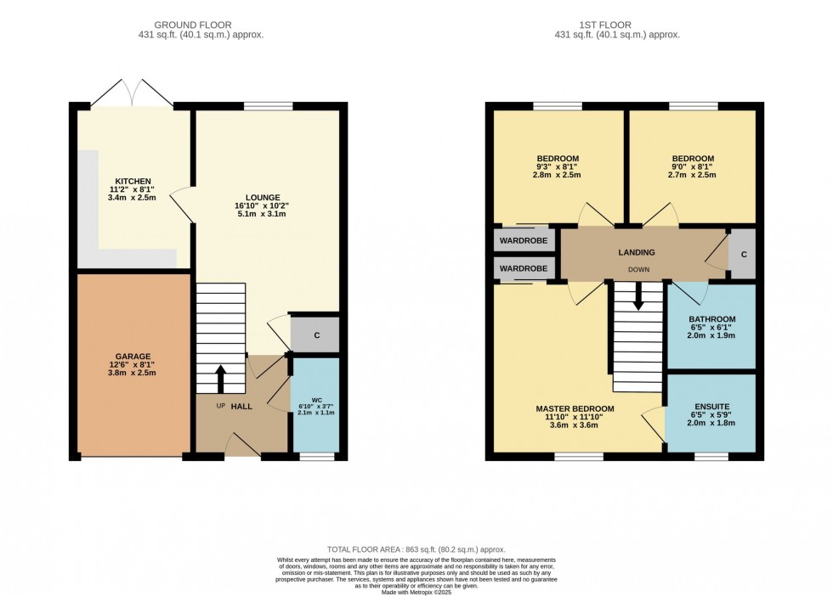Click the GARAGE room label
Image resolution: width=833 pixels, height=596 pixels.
coord(133,357)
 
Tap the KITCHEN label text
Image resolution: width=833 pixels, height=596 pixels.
coord(133,181)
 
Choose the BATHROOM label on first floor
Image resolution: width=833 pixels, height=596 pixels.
coord(711,319)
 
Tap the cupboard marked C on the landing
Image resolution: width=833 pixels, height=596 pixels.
coord(743,254)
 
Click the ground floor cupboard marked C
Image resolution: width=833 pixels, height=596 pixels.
coord(316,335)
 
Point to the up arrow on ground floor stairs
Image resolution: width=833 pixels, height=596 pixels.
coord(221,379)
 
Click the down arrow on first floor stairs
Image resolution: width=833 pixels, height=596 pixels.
coord(637,298)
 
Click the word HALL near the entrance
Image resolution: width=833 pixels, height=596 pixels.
coord(242,407)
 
